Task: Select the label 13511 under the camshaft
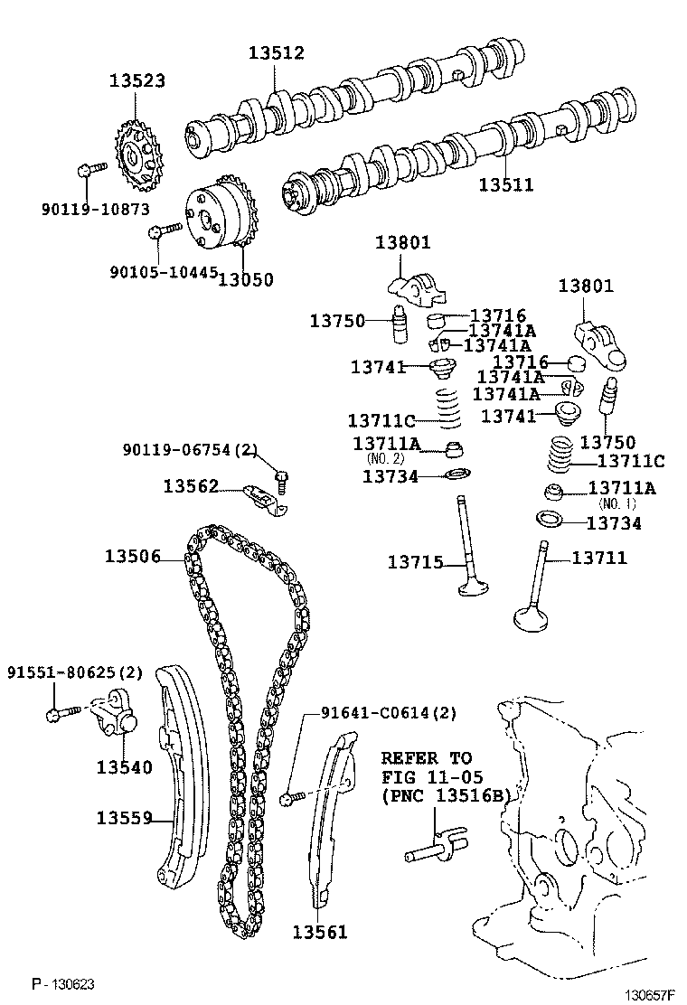point(505,184)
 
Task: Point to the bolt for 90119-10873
point(90,168)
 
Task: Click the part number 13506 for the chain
point(132,557)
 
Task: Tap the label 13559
point(125,818)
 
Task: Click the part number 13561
point(319,932)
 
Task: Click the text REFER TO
point(426,757)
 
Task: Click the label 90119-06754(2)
point(191,449)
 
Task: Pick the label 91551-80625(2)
point(75,672)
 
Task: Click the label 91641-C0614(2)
point(389,713)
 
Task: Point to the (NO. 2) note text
point(386,458)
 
